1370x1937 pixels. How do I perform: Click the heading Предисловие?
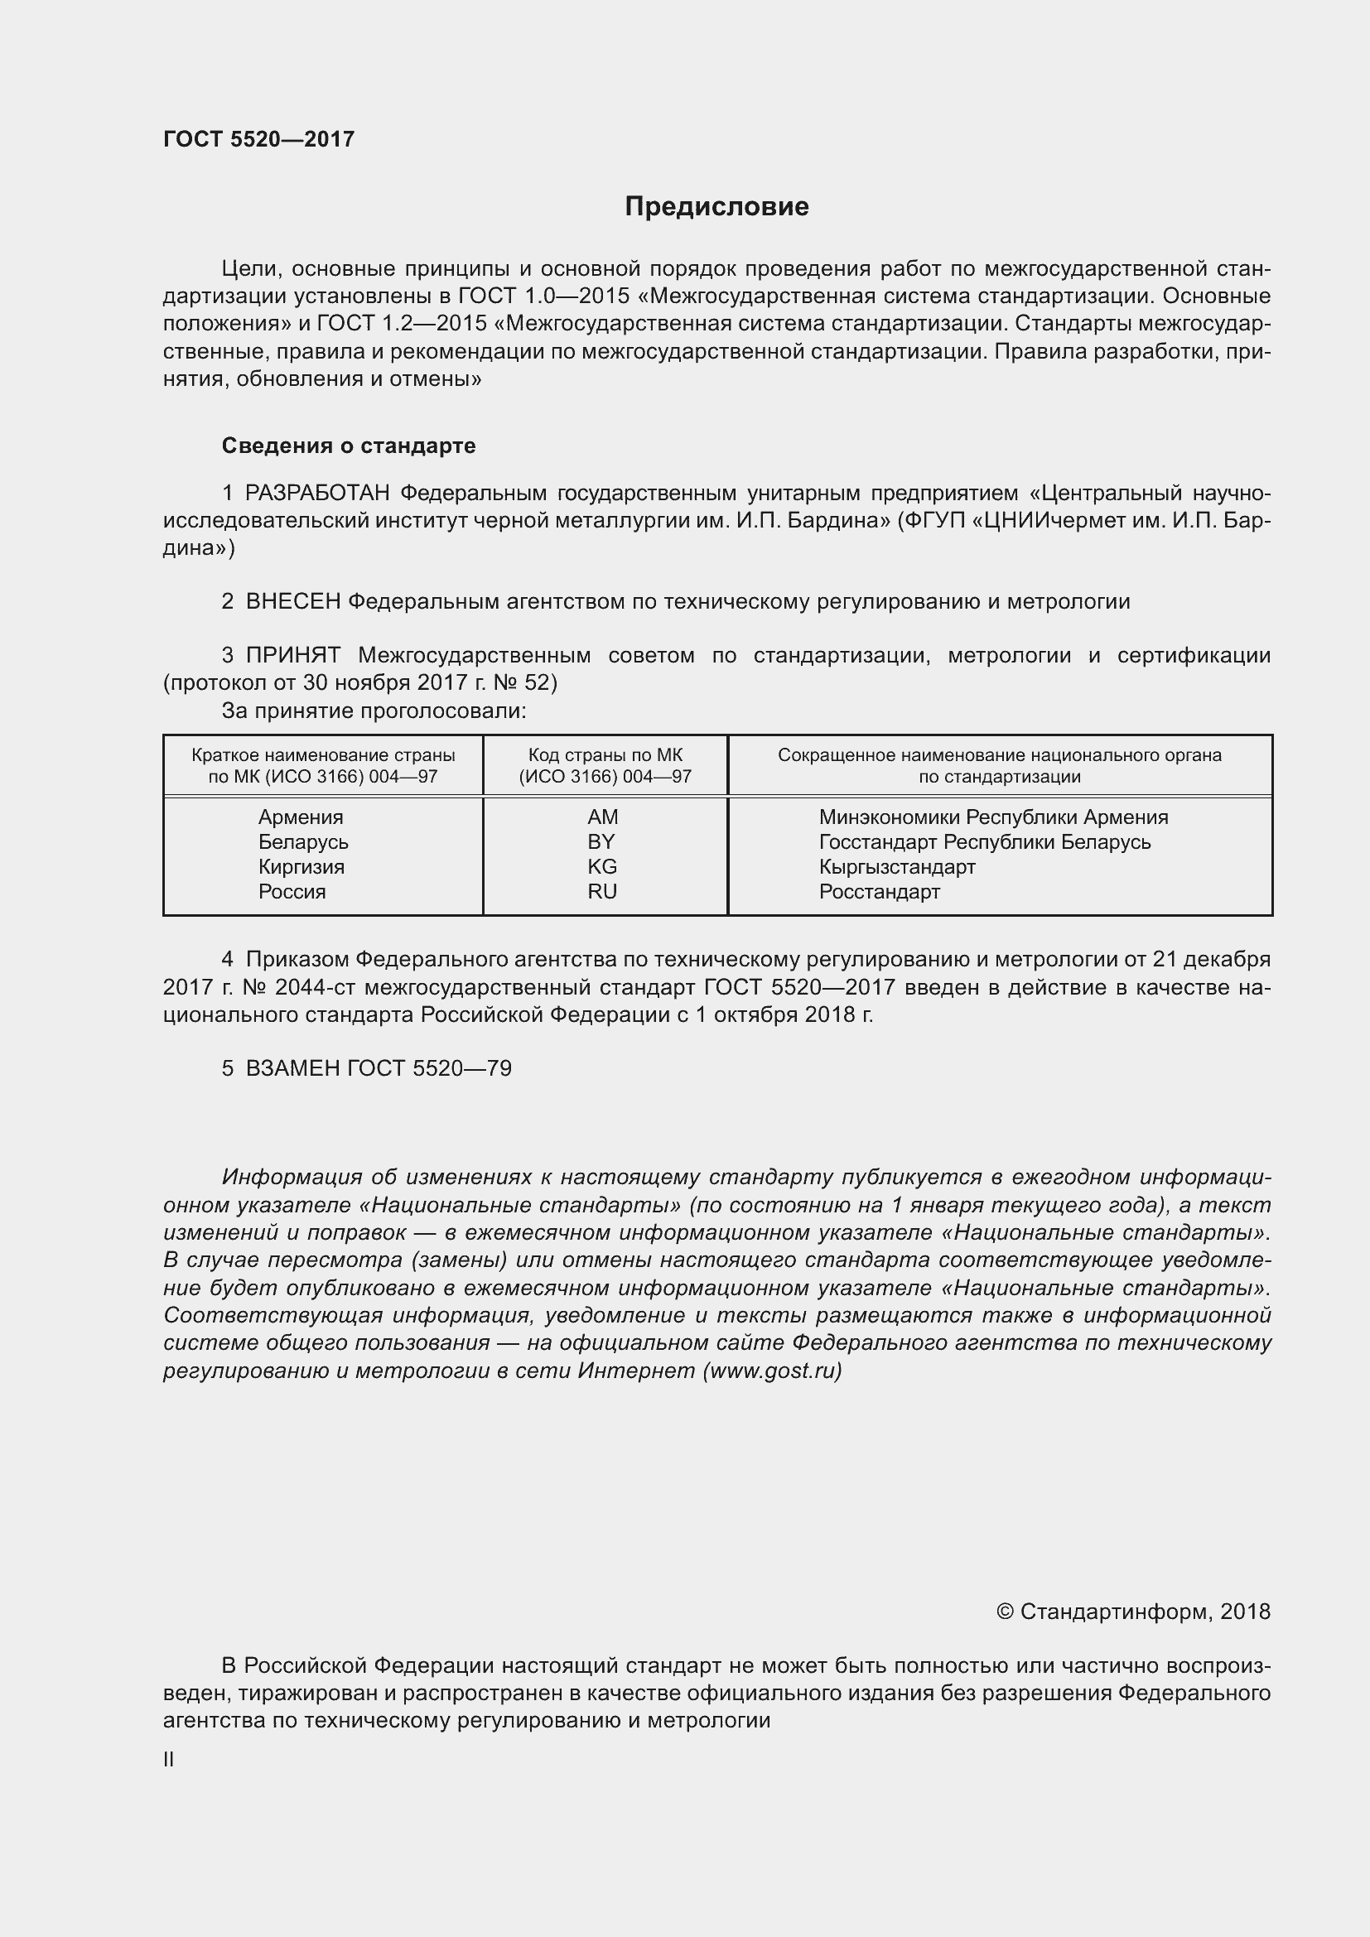[x=716, y=207]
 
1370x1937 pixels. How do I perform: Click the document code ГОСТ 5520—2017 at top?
[x=258, y=139]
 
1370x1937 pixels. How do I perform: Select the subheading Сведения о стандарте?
[x=349, y=446]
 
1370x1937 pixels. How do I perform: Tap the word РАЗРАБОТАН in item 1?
[x=317, y=493]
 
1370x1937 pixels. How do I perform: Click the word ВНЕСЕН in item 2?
[x=292, y=601]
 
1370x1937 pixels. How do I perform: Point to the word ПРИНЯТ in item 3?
[x=292, y=656]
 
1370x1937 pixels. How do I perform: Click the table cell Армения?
[x=301, y=817]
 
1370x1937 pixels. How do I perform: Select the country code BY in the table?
[x=601, y=842]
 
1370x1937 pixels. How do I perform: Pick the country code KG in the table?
[x=602, y=866]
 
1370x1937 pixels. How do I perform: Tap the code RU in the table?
[x=602, y=892]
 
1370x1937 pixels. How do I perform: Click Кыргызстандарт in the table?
[x=897, y=866]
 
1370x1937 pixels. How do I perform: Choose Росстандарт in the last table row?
[x=879, y=892]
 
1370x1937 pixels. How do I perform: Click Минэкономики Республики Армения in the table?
[x=993, y=817]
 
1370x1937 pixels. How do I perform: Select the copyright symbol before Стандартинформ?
[x=1004, y=1612]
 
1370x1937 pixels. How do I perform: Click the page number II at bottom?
[x=169, y=1760]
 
